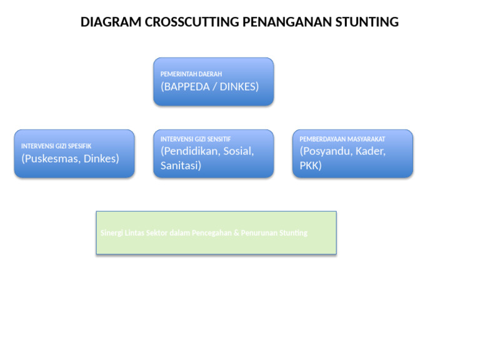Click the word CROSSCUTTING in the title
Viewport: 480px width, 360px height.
tap(192, 22)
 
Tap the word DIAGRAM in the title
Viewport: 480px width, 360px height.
tap(111, 22)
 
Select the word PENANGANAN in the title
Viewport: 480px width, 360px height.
tap(289, 22)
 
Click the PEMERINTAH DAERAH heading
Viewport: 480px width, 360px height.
tap(191, 74)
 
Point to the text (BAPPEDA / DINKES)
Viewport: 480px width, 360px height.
tap(209, 87)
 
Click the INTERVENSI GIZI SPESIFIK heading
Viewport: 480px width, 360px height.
tap(56, 146)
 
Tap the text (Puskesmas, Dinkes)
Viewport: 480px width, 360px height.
tap(70, 159)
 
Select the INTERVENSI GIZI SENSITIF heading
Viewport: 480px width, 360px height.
tap(196, 139)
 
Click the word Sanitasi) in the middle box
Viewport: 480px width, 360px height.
tap(181, 166)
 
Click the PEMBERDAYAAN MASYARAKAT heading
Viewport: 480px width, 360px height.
tap(342, 139)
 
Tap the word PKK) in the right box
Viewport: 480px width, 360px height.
tap(311, 166)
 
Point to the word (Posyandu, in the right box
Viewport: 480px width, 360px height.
tap(325, 151)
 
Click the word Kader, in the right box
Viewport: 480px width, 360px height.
tap(371, 151)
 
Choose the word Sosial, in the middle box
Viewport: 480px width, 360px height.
tap(238, 151)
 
